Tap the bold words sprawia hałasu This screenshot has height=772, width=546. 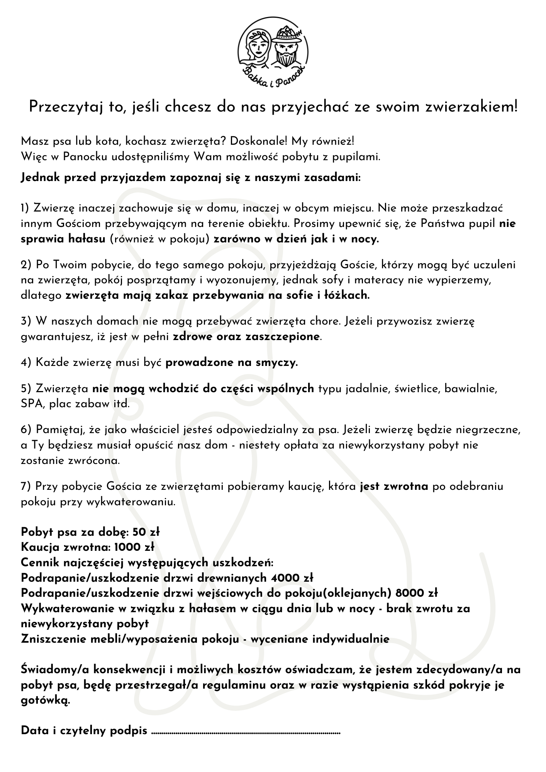click(x=63, y=239)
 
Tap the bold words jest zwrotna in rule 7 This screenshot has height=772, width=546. click(x=394, y=486)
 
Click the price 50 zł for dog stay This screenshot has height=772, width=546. click(x=146, y=532)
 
